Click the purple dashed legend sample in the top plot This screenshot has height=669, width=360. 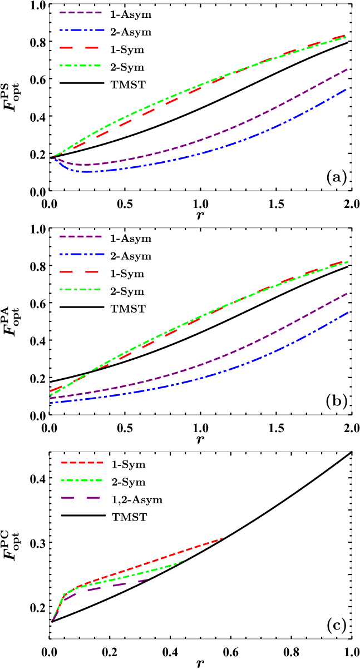(x=81, y=12)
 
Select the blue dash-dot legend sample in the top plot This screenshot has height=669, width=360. (x=81, y=30)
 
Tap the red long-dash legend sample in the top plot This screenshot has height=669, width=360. (x=80, y=48)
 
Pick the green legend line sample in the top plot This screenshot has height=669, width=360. (x=80, y=66)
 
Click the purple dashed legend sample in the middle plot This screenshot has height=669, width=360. (x=81, y=236)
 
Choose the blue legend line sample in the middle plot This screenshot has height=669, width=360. (x=81, y=254)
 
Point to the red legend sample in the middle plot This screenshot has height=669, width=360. (x=80, y=272)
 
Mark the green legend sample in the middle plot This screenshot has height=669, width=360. (x=80, y=289)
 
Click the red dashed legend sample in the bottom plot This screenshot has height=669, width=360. (x=82, y=462)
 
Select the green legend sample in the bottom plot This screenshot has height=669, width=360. (x=81, y=480)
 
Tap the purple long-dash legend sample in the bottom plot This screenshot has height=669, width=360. (x=80, y=498)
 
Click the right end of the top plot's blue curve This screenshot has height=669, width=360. (x=347, y=89)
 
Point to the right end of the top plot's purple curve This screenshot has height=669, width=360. (x=348, y=69)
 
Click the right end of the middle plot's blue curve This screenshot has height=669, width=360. (x=348, y=313)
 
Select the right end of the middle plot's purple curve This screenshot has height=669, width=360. (x=348, y=293)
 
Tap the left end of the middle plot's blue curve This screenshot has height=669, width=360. (x=50, y=402)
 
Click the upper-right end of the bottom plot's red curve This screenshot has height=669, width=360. (x=222, y=538)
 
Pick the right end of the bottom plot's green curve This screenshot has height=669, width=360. (x=184, y=561)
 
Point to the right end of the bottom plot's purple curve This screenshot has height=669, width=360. (x=147, y=579)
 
